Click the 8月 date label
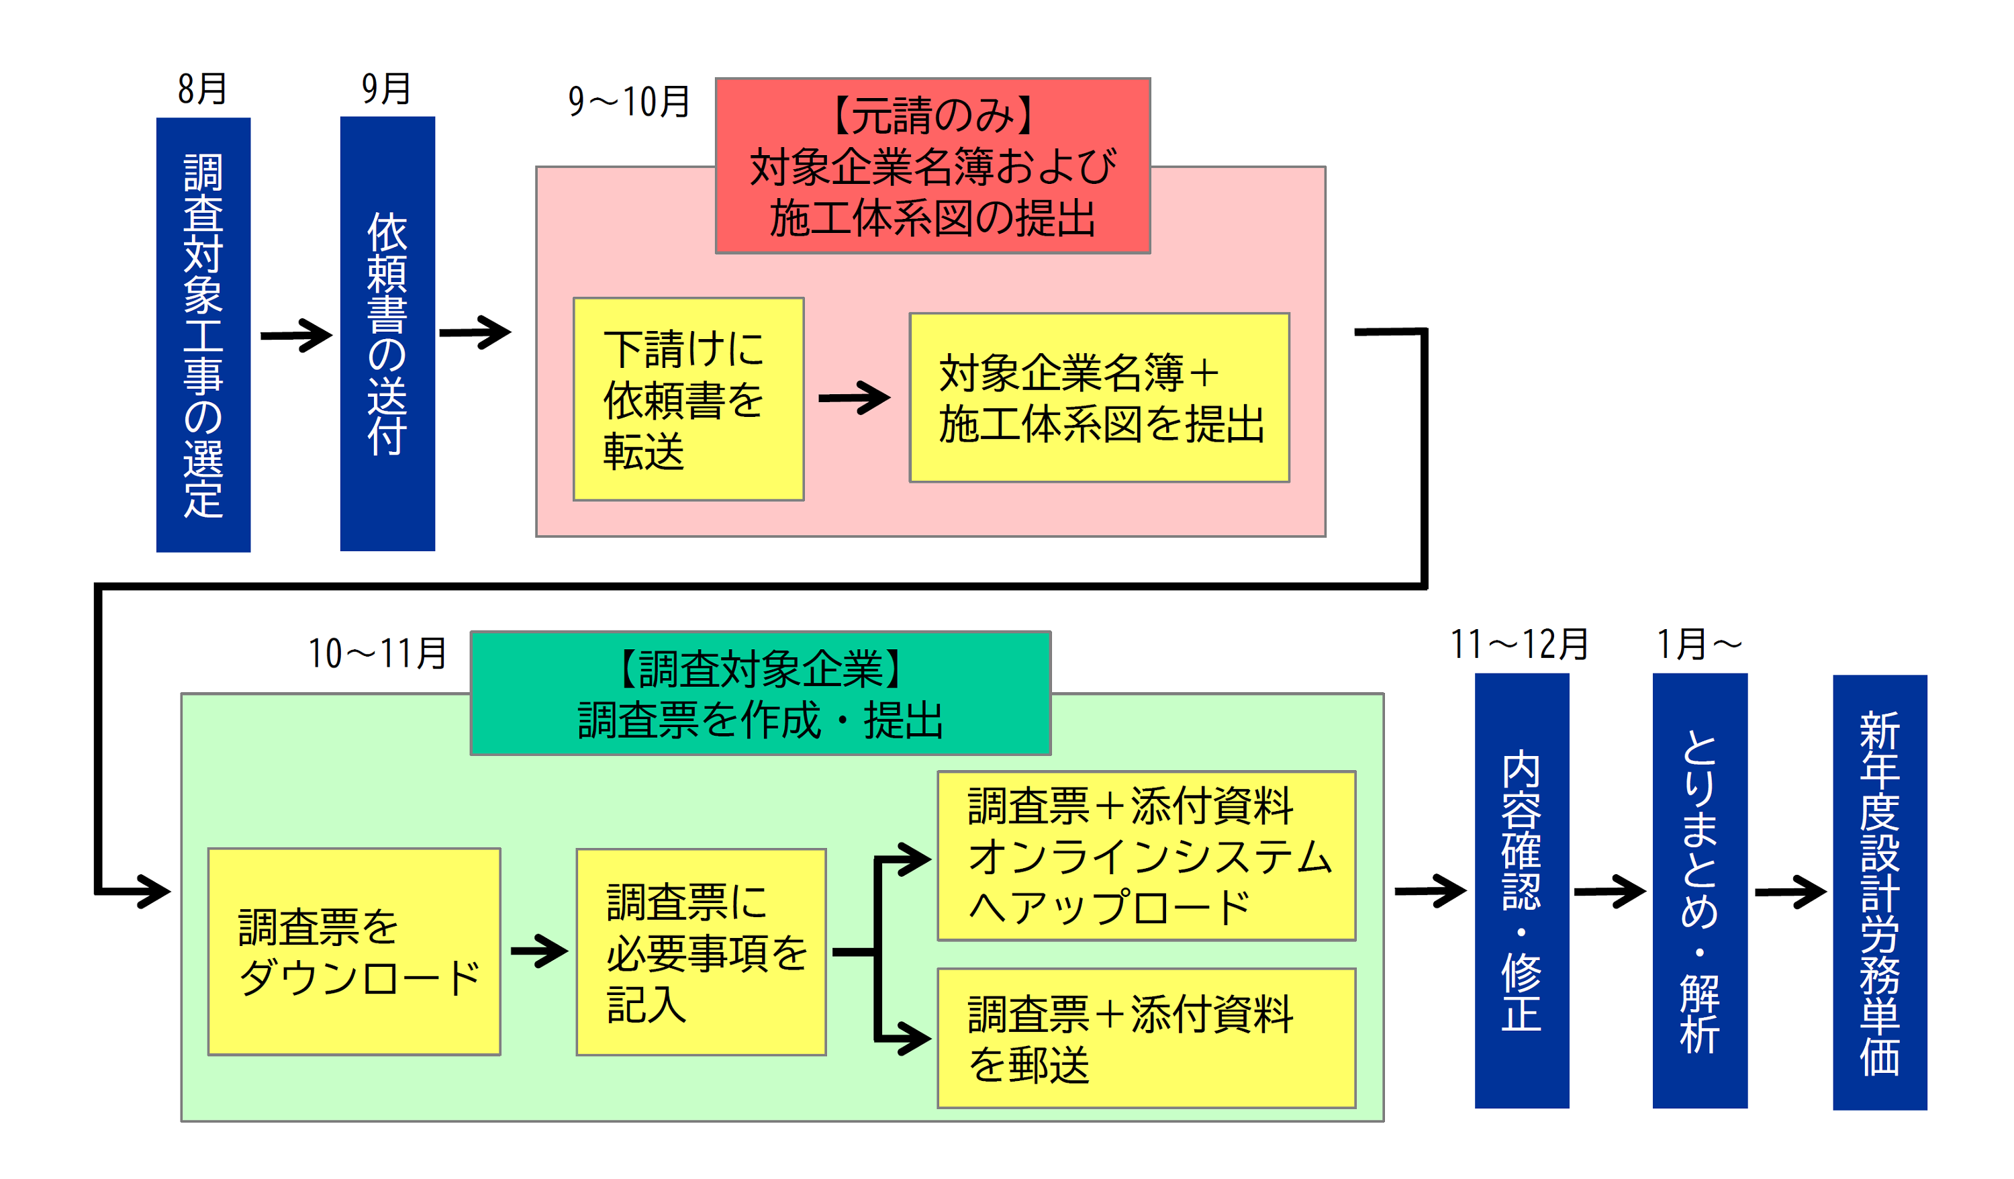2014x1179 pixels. (202, 89)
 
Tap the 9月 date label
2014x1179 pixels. (386, 89)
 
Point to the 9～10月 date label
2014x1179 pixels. (628, 101)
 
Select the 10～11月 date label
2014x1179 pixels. (377, 653)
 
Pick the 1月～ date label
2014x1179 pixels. (1698, 645)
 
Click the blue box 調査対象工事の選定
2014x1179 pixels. (203, 334)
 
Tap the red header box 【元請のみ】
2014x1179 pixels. (932, 167)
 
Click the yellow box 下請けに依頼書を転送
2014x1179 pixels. (688, 399)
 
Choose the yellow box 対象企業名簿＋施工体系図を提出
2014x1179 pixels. (1099, 397)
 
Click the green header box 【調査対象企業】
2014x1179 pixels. (760, 693)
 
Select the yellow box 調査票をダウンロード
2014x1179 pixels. (354, 951)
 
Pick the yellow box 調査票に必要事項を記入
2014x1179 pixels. (701, 952)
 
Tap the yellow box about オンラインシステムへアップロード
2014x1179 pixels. (1146, 855)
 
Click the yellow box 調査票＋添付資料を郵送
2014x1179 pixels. (1146, 1037)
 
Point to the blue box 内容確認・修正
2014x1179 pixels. (1522, 890)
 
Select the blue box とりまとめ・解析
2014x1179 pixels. (1700, 890)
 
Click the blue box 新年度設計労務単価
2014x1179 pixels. (1880, 892)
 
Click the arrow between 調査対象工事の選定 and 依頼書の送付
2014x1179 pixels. (295, 336)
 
